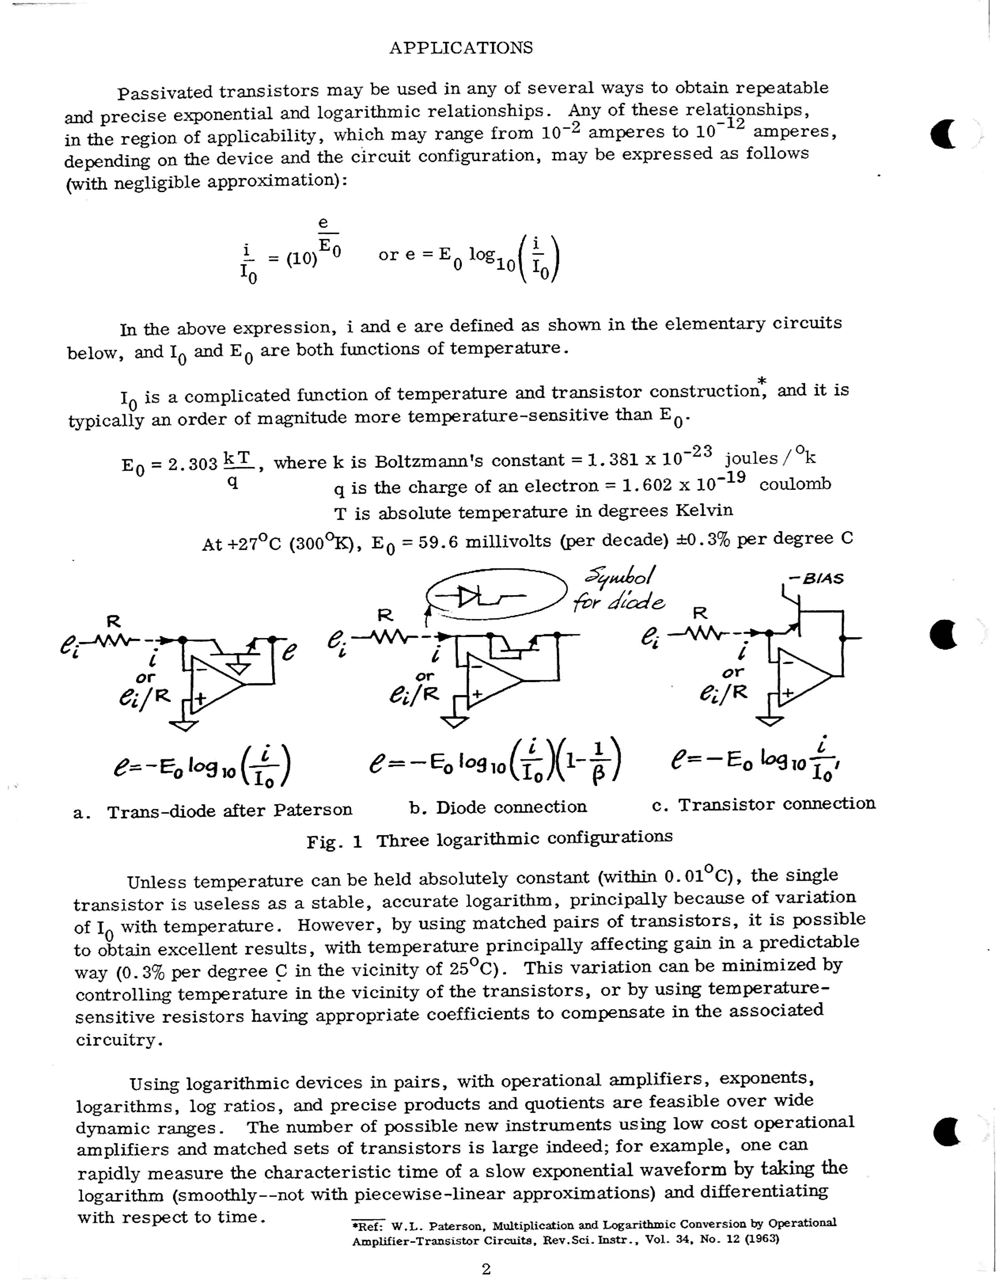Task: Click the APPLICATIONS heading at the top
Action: coord(461,48)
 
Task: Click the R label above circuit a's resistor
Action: coord(113,621)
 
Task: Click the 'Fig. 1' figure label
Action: coord(334,841)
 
